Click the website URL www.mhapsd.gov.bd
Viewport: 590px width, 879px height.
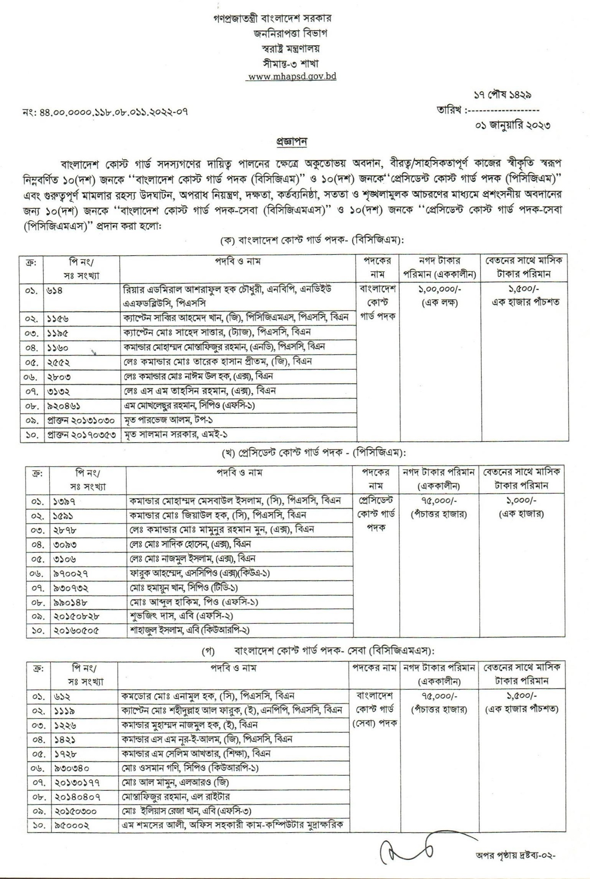point(292,76)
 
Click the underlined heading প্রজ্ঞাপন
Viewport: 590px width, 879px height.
point(292,142)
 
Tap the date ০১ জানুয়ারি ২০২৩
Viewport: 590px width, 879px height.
point(512,125)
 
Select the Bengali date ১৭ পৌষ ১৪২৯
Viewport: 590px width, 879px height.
point(502,94)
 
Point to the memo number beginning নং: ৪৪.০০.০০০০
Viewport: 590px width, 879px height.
point(105,112)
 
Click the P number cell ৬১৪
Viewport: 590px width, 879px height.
point(56,291)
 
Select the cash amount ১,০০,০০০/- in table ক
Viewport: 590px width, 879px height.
point(440,289)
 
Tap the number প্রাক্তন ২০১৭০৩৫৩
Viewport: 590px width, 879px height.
point(81,435)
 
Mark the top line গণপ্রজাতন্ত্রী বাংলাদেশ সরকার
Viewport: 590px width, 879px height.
point(273,18)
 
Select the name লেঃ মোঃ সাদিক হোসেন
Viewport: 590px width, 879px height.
point(190,544)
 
